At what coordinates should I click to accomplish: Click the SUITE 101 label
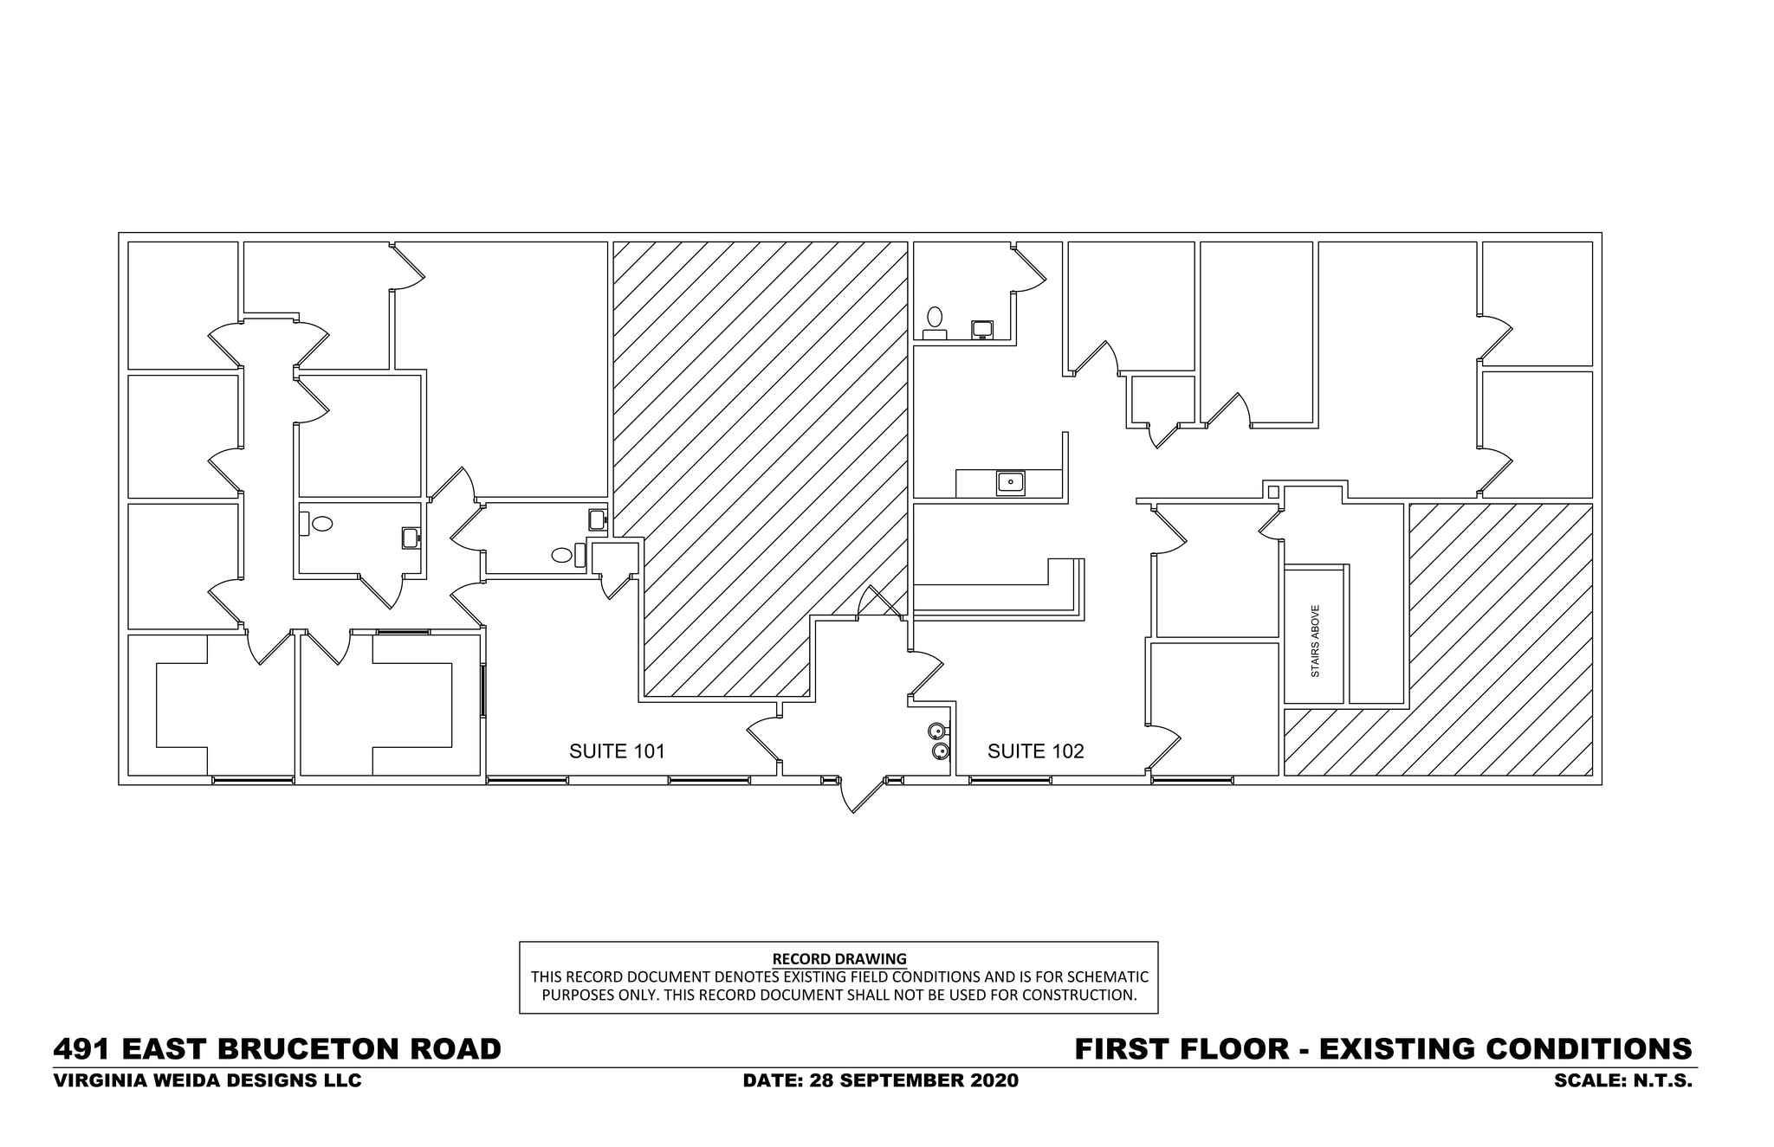(x=616, y=751)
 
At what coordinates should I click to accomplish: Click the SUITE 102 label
(x=1035, y=751)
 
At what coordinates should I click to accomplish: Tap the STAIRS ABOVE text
(x=1315, y=641)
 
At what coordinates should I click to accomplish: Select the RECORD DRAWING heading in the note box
(x=838, y=959)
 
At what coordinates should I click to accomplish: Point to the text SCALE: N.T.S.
(x=1622, y=1081)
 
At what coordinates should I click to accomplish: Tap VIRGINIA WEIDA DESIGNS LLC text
(x=207, y=1081)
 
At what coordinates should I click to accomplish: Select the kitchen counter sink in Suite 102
(x=1010, y=482)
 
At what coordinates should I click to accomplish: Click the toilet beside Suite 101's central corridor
(x=321, y=524)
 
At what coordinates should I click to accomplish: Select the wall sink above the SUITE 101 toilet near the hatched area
(x=597, y=519)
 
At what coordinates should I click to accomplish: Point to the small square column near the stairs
(x=1272, y=492)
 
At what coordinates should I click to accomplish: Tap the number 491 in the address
(x=82, y=1049)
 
